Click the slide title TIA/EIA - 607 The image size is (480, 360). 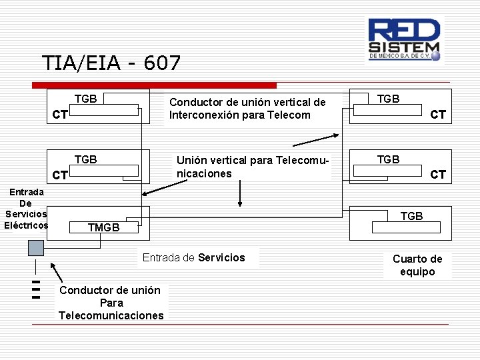(111, 63)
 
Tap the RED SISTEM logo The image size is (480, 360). (405, 39)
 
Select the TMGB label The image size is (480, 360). (103, 227)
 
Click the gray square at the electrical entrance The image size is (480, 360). (36, 247)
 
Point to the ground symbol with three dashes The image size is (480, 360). (36, 289)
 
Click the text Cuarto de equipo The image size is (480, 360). (417, 265)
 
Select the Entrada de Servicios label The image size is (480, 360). (194, 257)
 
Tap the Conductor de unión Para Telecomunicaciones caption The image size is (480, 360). (111, 303)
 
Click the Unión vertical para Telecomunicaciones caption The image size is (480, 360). (253, 167)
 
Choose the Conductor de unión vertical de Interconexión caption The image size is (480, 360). (247, 108)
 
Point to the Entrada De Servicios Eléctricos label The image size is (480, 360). (26, 209)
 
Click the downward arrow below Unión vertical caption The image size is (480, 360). (240, 195)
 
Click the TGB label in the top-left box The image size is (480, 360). (85, 99)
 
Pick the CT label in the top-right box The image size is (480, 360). (437, 115)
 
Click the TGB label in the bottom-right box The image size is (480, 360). (411, 216)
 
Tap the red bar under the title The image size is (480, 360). (155, 85)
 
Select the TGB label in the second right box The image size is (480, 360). (388, 159)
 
